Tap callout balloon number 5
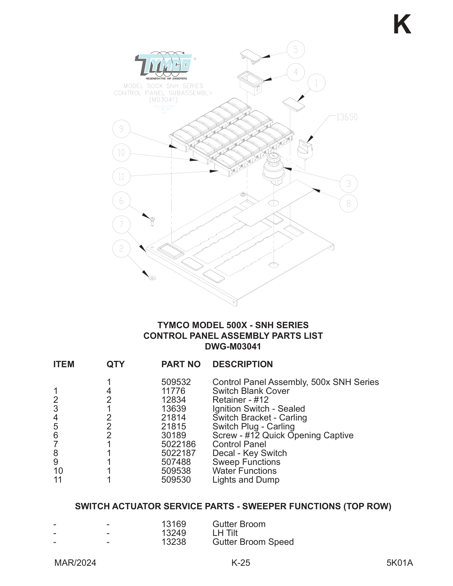(x=296, y=50)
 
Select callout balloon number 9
(x=122, y=129)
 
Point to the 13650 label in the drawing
(x=346, y=117)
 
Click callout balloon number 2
(x=122, y=249)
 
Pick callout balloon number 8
(x=349, y=204)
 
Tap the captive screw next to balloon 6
(x=152, y=221)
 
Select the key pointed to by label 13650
(x=305, y=149)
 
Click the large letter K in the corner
(x=402, y=25)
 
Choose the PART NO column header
(x=181, y=364)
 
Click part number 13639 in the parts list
(x=174, y=409)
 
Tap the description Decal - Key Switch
(x=249, y=453)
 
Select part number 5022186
(x=178, y=444)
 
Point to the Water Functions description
(x=244, y=471)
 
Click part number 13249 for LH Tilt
(x=174, y=533)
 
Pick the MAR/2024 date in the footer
(x=75, y=563)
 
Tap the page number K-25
(x=241, y=563)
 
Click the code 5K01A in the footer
(x=400, y=563)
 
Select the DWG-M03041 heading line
(x=233, y=347)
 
